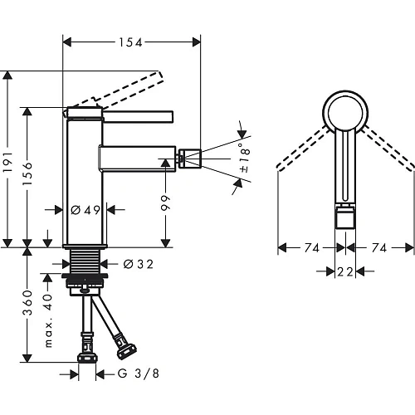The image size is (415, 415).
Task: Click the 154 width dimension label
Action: point(130,42)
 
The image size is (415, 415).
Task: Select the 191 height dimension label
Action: point(8,162)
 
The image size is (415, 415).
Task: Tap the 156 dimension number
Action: point(27,174)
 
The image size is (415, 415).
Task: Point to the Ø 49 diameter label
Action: point(85,210)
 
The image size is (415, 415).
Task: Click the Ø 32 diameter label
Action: point(138,264)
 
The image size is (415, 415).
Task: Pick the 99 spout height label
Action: point(166,203)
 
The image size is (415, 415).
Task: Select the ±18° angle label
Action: point(245,158)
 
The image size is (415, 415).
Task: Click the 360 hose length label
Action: point(27,303)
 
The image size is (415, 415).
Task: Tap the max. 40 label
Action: point(48,320)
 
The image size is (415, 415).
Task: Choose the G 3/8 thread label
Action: point(139,373)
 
